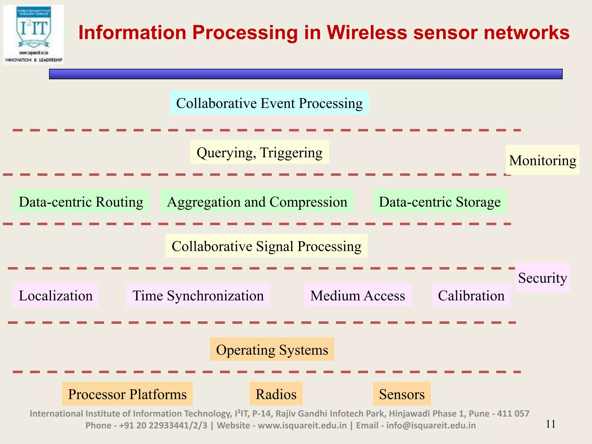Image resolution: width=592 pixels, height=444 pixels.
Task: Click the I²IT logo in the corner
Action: [34, 35]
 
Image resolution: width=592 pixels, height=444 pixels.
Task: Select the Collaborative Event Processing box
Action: [269, 103]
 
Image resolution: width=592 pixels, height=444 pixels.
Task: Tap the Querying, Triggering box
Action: [259, 152]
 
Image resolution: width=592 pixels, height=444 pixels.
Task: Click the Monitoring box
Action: [543, 160]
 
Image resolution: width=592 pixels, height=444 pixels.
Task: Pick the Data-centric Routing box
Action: [81, 201]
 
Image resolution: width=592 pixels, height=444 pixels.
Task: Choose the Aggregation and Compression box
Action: [257, 201]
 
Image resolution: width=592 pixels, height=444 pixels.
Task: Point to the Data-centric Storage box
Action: [439, 201]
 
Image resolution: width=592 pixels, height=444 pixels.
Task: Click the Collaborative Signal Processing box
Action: [267, 246]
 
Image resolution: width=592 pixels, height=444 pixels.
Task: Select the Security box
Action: [542, 277]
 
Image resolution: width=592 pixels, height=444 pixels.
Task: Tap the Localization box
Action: [55, 295]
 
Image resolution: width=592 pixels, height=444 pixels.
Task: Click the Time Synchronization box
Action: [198, 295]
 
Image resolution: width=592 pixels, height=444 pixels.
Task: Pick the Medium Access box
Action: [358, 295]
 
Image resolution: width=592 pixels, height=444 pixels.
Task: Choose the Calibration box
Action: [471, 295]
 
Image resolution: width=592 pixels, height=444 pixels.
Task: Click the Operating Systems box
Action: [272, 349]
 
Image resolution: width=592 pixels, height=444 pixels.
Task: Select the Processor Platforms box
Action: [127, 394]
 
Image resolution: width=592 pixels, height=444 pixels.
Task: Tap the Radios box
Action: [276, 394]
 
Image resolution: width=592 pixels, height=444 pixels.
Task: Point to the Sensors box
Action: [402, 394]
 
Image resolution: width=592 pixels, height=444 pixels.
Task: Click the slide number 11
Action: [550, 424]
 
